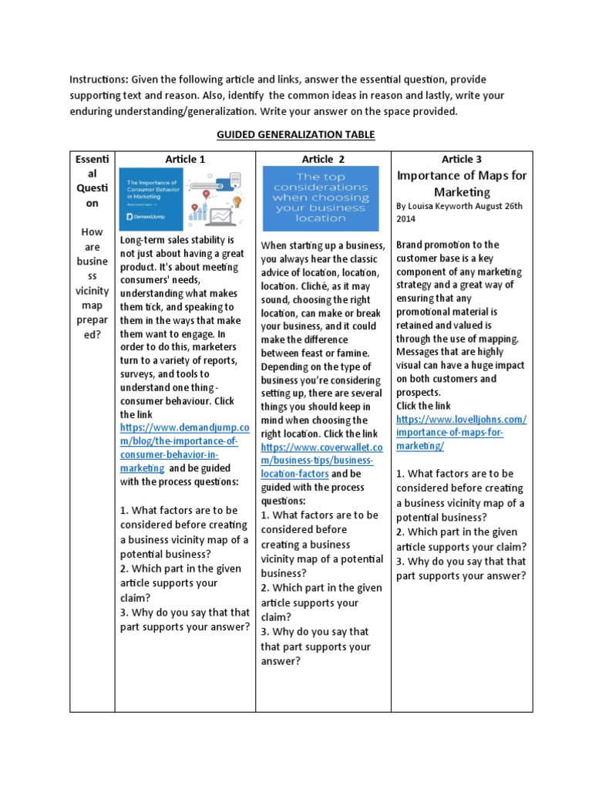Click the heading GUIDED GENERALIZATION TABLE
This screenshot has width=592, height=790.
[295, 134]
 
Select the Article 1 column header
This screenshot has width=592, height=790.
[185, 159]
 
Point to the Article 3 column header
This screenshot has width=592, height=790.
[462, 159]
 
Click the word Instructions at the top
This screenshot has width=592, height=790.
[98, 79]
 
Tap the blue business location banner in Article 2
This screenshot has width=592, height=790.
[321, 198]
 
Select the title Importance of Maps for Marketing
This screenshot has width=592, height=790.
[462, 184]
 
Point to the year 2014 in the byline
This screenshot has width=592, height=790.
[407, 219]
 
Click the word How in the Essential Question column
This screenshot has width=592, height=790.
[92, 232]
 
